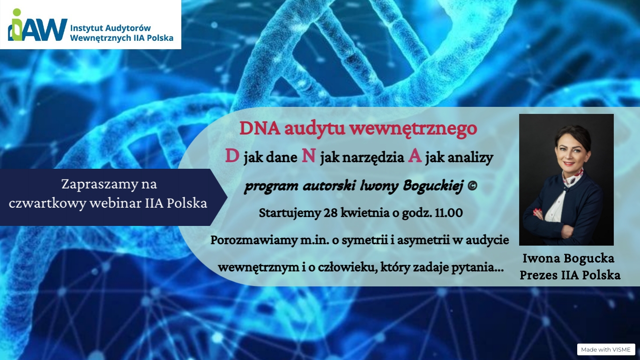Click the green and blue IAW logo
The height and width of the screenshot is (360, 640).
coord(37,25)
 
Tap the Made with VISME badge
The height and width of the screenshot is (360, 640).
coord(606,349)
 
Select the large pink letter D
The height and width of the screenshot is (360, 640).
coord(232,156)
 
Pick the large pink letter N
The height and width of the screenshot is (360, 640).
coord(309,156)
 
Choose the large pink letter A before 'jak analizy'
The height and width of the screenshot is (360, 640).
coord(415,156)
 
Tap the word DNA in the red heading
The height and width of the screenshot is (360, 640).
coord(260,128)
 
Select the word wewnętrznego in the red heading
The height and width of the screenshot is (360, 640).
coord(414,129)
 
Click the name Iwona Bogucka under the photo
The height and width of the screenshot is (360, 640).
coord(568,258)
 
